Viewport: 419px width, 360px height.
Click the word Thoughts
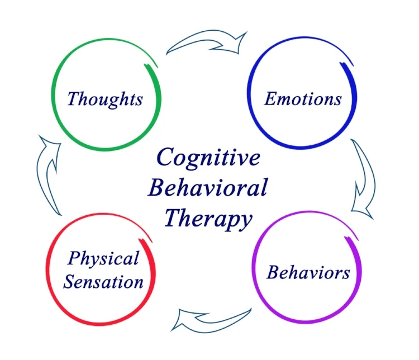[105, 99]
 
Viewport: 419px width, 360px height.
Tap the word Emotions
[302, 99]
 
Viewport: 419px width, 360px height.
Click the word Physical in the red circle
[103, 259]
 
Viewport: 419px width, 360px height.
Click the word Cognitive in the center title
[208, 157]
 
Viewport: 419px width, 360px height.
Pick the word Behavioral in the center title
[207, 187]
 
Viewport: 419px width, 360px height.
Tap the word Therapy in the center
[207, 217]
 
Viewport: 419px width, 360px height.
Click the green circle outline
[54, 106]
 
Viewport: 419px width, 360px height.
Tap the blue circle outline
[249, 106]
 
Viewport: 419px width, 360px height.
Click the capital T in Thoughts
[73, 99]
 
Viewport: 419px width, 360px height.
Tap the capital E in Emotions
[270, 99]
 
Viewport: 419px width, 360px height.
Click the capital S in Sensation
[69, 281]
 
